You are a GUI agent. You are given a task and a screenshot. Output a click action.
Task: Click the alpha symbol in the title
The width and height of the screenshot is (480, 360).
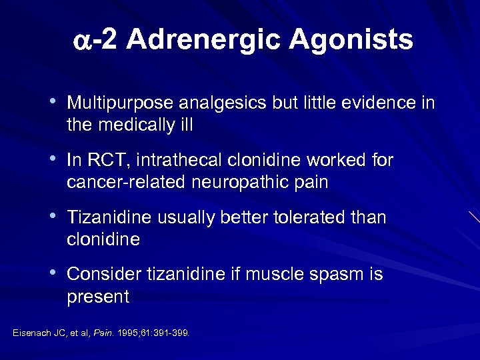point(82,41)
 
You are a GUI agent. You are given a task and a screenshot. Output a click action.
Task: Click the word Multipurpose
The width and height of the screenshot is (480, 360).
point(119,104)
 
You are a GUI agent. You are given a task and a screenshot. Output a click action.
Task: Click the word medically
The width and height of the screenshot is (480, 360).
point(139,125)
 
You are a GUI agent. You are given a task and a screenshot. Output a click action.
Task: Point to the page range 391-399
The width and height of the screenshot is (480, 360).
point(171,332)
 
